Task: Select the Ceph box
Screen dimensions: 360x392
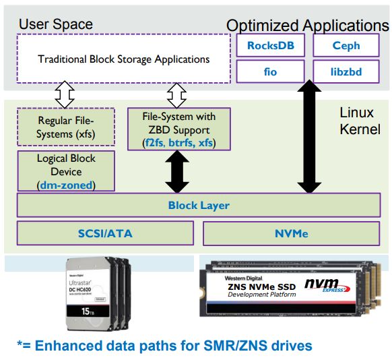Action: click(346, 47)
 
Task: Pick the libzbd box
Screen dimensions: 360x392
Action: click(346, 71)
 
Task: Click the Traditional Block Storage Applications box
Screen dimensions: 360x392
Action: click(123, 59)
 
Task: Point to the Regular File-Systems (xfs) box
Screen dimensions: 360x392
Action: click(65, 127)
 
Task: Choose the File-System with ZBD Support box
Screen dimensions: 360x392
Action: click(178, 129)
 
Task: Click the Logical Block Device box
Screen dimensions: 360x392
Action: click(65, 171)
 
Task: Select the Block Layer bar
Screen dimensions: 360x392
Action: click(199, 205)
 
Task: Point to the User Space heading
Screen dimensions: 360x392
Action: click(55, 24)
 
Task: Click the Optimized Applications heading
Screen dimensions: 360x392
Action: click(307, 26)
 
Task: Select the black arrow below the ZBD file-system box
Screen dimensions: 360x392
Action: click(177, 171)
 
